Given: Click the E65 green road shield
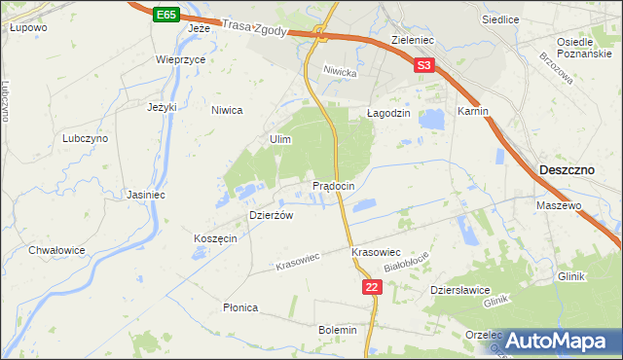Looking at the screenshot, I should pyautogui.click(x=165, y=15).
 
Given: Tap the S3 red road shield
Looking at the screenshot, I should pyautogui.click(x=422, y=66).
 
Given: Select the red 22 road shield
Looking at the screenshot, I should pyautogui.click(x=372, y=287).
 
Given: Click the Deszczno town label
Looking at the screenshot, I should pyautogui.click(x=567, y=170).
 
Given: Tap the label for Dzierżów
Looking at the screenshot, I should pyautogui.click(x=272, y=216).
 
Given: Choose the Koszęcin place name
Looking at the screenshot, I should pyautogui.click(x=215, y=239).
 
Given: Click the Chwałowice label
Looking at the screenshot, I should pyautogui.click(x=57, y=250).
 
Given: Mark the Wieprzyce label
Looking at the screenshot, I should pyautogui.click(x=180, y=59).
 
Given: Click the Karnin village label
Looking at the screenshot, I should pyautogui.click(x=472, y=112).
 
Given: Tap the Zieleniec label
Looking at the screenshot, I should pyautogui.click(x=412, y=41).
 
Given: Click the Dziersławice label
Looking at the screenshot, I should pyautogui.click(x=459, y=290).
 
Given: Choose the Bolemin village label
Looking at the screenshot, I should pyautogui.click(x=338, y=330).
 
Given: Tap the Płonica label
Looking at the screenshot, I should pyautogui.click(x=239, y=307).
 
